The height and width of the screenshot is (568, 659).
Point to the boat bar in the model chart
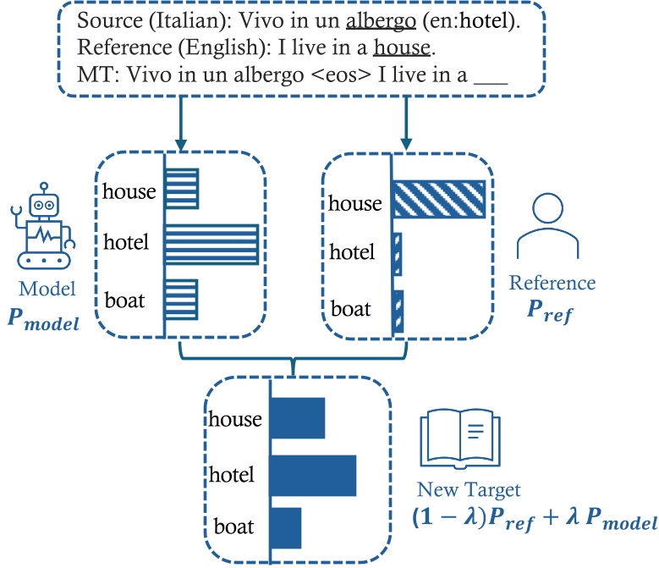(181, 300)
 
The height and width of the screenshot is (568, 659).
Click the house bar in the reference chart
(438, 200)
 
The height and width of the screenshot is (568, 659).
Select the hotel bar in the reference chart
(397, 251)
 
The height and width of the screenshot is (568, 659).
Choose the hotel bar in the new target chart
(313, 475)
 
